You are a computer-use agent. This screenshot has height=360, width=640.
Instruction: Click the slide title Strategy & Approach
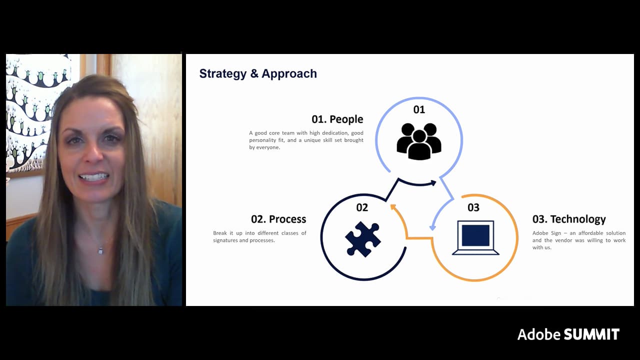point(258,73)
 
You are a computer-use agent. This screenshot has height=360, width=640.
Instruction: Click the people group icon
point(419,141)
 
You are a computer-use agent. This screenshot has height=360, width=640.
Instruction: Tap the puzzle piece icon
point(363,239)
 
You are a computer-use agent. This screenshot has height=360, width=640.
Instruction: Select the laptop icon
point(475,238)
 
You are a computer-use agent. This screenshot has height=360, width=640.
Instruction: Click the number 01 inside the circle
point(419,109)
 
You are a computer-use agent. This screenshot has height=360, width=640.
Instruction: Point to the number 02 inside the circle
point(362,207)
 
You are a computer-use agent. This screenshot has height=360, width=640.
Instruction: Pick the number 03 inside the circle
point(473,207)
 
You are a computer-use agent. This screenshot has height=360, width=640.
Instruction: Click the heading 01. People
point(337,119)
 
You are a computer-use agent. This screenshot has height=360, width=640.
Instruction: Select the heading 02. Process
point(278,219)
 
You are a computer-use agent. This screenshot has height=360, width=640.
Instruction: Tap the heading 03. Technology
point(569,219)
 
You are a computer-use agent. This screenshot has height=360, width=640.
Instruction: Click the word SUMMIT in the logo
point(591,334)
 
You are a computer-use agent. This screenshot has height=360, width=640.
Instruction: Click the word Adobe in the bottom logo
point(538,334)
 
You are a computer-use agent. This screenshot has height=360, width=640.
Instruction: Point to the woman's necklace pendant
point(100,250)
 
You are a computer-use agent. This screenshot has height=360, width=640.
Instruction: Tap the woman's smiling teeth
point(93,177)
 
